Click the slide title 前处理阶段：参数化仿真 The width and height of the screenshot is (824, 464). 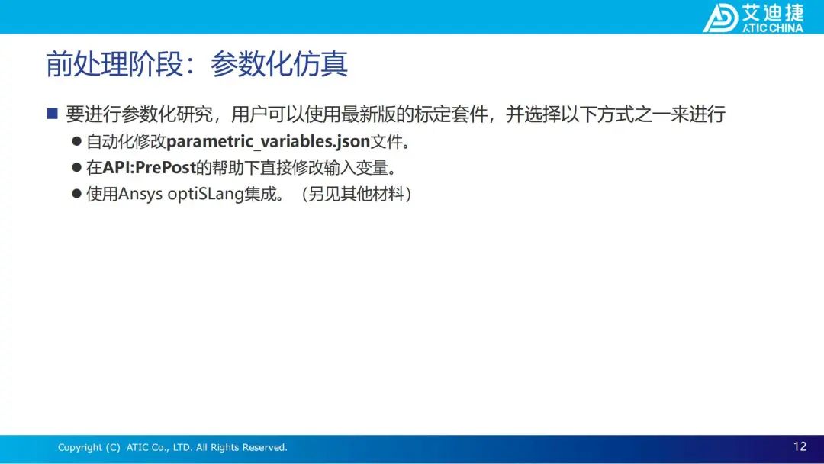click(197, 64)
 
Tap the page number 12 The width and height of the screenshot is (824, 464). click(800, 446)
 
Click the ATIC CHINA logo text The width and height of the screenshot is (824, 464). click(772, 27)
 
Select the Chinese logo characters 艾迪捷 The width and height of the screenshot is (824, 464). click(773, 12)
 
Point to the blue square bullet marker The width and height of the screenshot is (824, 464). click(52, 114)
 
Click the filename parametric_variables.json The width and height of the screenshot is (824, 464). click(268, 141)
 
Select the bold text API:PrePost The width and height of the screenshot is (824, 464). click(150, 168)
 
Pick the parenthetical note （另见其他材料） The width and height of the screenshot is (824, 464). click(357, 194)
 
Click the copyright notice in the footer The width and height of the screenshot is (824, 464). click(172, 447)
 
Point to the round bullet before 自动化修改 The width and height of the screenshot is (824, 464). click(77, 141)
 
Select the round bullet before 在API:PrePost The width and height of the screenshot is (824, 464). click(77, 168)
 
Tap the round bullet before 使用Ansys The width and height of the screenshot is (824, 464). click(77, 194)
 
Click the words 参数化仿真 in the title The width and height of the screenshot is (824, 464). click(279, 64)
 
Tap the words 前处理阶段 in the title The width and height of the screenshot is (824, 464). click(114, 64)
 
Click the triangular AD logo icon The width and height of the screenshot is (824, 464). click(720, 18)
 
